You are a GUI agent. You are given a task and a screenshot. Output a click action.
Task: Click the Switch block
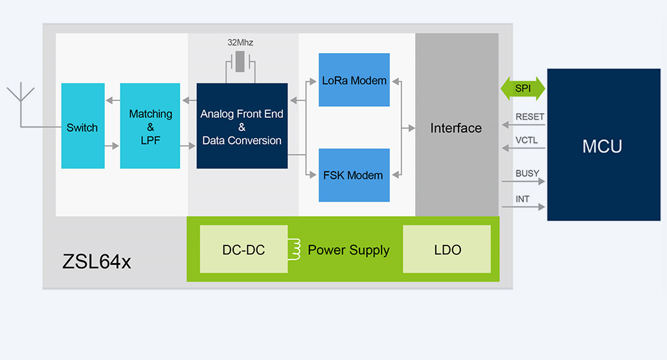82,126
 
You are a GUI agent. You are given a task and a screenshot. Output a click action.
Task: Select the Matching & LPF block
150,126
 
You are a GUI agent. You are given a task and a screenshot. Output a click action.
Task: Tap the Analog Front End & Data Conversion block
242,126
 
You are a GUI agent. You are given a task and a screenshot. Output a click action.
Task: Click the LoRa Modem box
354,80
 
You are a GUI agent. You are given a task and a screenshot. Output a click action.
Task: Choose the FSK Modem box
354,175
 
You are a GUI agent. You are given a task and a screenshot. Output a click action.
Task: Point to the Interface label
456,128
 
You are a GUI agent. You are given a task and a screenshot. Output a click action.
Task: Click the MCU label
602,146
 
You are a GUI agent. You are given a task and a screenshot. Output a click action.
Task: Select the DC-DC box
243,249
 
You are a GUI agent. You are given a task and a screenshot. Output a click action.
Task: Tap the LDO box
447,249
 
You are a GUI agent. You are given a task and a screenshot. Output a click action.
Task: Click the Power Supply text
348,250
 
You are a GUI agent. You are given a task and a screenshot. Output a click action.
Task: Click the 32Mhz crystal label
240,43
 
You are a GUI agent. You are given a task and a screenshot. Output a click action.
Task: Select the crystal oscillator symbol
241,63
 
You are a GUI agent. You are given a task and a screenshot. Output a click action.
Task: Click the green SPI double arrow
523,88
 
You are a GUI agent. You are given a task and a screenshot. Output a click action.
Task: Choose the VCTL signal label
526,141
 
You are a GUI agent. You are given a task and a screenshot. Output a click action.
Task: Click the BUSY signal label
527,174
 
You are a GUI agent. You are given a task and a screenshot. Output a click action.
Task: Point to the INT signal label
522,199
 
